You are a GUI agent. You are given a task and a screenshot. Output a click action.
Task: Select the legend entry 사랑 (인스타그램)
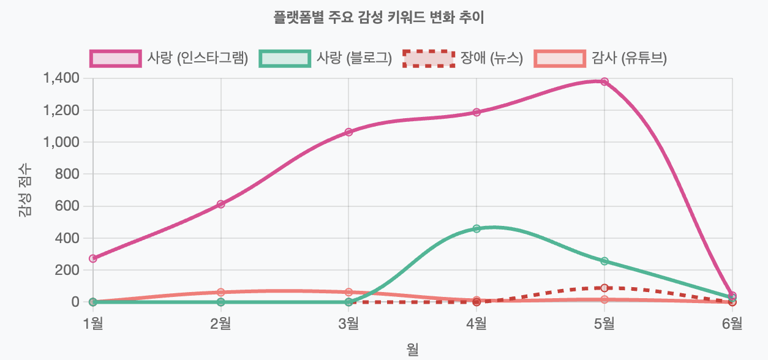pyautogui.click(x=169, y=58)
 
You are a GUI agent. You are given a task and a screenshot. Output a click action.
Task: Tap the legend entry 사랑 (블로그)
pyautogui.click(x=325, y=58)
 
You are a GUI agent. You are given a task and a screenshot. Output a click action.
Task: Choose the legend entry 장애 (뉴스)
pyautogui.click(x=463, y=58)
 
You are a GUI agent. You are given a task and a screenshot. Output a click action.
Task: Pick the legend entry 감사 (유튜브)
pyautogui.click(x=600, y=58)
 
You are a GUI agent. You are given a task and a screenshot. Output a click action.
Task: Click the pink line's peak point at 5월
pyautogui.click(x=604, y=81)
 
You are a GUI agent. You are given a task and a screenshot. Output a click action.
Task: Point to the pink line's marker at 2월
pyautogui.click(x=220, y=204)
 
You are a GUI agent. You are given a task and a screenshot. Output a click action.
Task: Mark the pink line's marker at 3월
pyautogui.click(x=348, y=132)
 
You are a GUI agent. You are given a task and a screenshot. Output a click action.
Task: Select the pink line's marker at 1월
pyautogui.click(x=93, y=258)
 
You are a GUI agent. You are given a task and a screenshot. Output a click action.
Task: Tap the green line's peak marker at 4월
pyautogui.click(x=476, y=228)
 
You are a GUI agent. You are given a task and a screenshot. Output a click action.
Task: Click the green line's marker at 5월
pyautogui.click(x=604, y=261)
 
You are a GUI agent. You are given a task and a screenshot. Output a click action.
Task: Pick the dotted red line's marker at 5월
pyautogui.click(x=604, y=288)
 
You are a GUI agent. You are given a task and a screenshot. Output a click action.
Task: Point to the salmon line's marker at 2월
pyautogui.click(x=220, y=292)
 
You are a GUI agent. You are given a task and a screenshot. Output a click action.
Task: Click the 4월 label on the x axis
pyautogui.click(x=476, y=323)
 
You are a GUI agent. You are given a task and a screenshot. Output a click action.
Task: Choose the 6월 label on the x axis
pyautogui.click(x=732, y=323)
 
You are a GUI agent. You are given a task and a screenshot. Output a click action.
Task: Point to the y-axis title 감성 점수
pyautogui.click(x=25, y=190)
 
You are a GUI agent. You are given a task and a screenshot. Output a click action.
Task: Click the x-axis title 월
pyautogui.click(x=412, y=349)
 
